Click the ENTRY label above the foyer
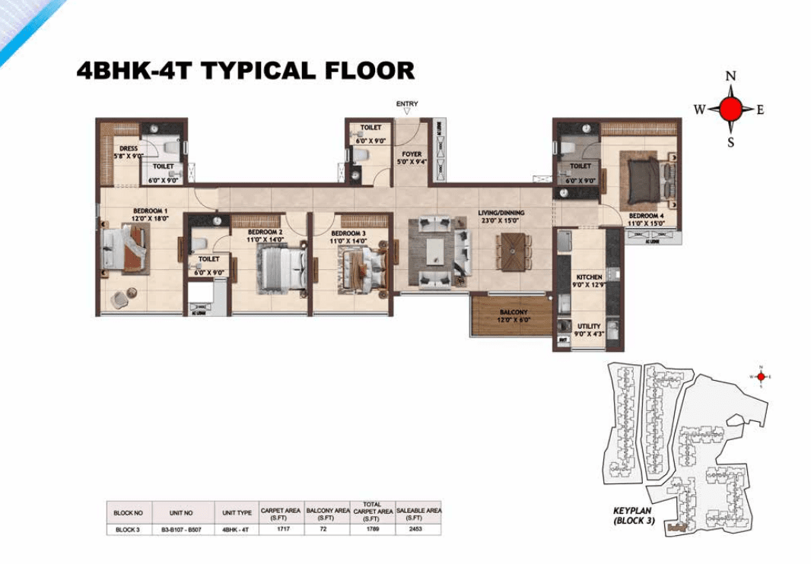(407, 104)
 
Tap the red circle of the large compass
(730, 109)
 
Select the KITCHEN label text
(589, 277)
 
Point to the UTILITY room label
(589, 327)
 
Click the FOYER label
(412, 154)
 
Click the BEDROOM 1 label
(151, 211)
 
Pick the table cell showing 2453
(418, 529)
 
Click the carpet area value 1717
(281, 529)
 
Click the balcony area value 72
(326, 529)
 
